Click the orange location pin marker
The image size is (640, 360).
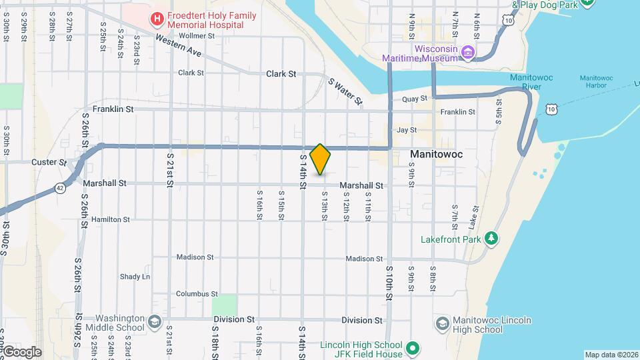[x=320, y=159]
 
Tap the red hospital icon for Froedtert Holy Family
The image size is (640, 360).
[x=157, y=19]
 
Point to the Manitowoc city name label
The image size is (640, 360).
[x=436, y=154]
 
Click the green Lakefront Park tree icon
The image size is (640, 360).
[x=491, y=238]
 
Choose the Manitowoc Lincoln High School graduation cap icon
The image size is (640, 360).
[x=442, y=324]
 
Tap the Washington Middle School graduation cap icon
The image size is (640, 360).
[x=155, y=323]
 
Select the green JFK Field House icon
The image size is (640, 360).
[x=413, y=349]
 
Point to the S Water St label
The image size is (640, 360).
[x=345, y=92]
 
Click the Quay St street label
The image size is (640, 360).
[x=414, y=99]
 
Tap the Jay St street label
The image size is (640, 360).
[x=406, y=131]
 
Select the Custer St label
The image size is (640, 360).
[x=49, y=162]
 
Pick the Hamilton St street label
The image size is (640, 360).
[x=111, y=219]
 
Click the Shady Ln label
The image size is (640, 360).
[x=135, y=277]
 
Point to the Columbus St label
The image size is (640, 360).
[x=197, y=294]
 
